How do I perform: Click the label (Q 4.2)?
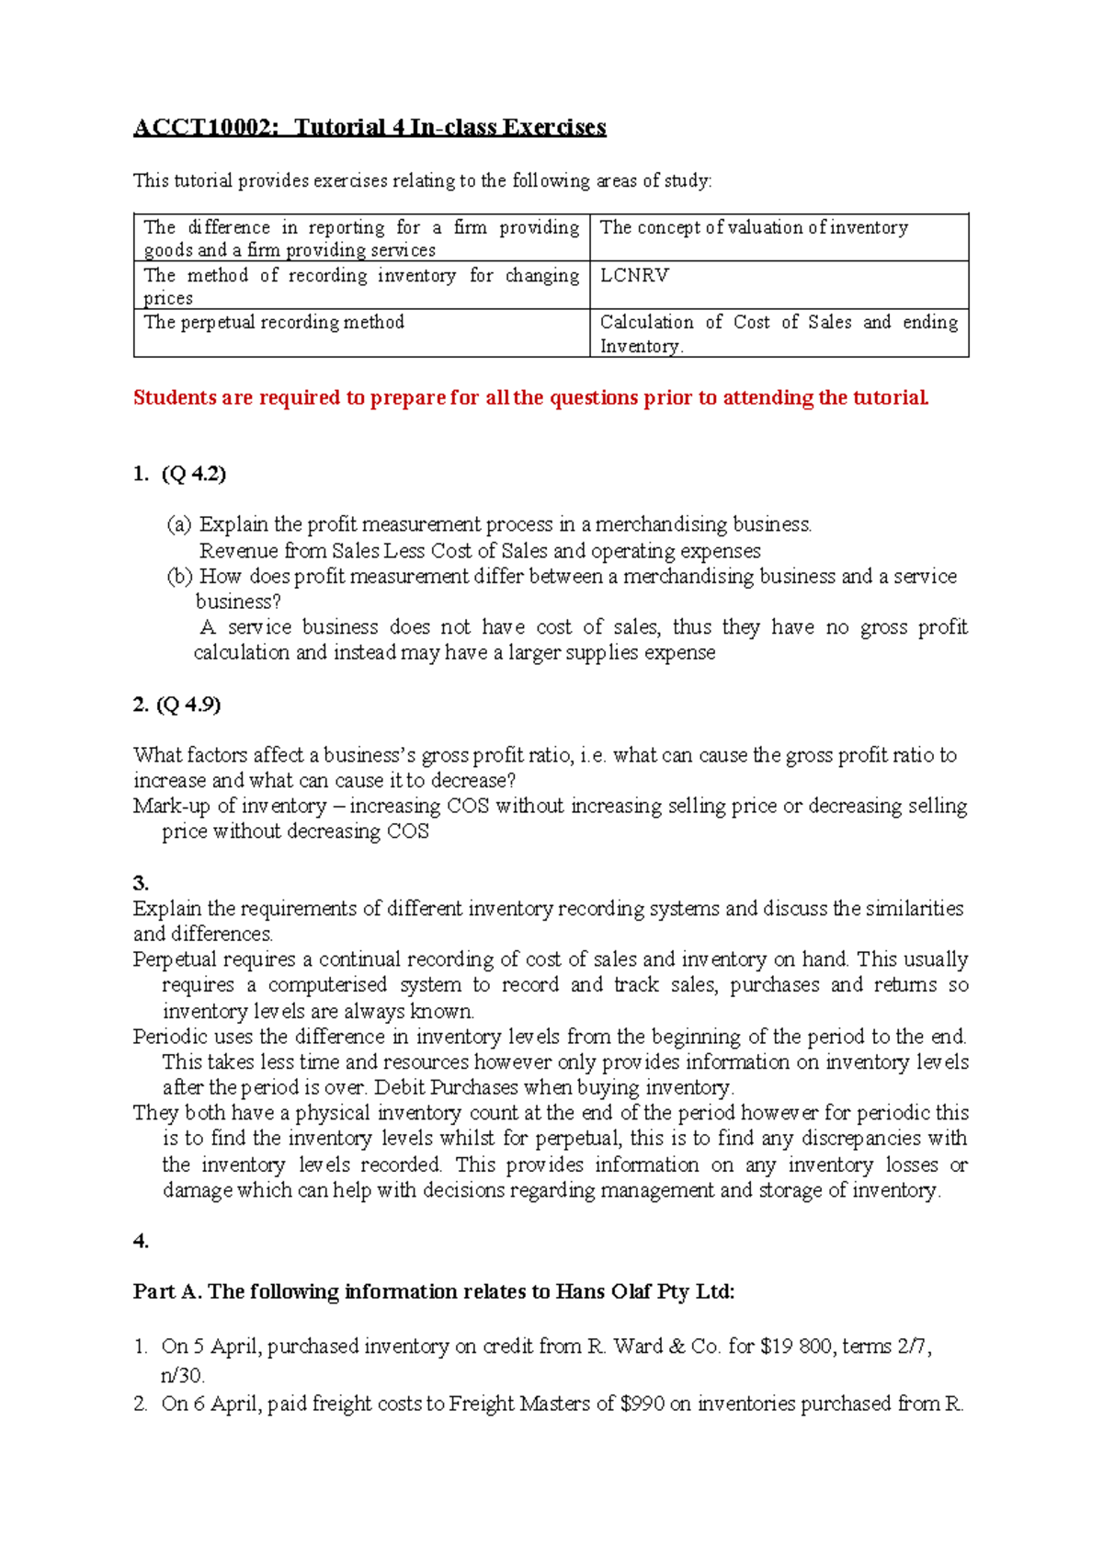pos(193,474)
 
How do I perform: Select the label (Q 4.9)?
pos(189,705)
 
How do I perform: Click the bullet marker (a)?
pos(179,524)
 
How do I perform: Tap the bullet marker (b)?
pos(179,576)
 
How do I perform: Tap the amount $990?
pos(642,1404)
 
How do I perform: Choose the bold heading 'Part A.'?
pos(167,1291)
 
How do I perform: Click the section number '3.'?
pos(141,883)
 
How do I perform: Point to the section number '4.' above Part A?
pos(141,1241)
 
